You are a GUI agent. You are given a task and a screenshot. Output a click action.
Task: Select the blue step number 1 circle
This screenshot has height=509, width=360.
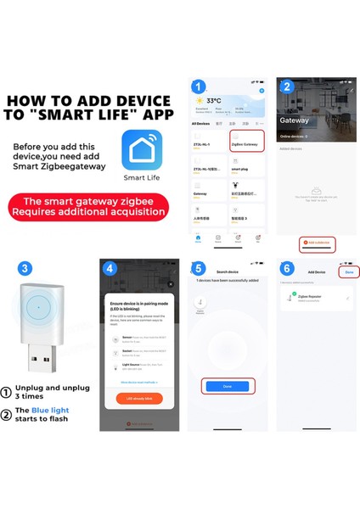[198, 87]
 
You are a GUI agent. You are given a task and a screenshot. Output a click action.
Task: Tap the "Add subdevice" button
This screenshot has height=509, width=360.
[318, 243]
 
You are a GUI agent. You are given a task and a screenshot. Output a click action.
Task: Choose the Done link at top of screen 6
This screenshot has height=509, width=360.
[349, 272]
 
